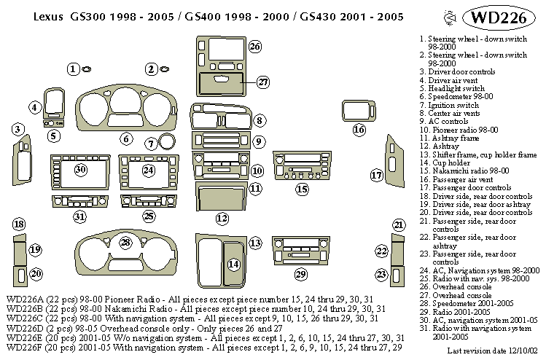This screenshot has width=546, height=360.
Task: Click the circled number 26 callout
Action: (254, 47)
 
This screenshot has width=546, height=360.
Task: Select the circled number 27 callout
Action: (262, 82)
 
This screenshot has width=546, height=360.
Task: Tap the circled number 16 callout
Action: (359, 130)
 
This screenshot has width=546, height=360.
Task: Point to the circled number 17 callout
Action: (376, 175)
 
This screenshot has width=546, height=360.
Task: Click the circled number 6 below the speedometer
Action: (126, 138)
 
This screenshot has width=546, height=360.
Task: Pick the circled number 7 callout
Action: (151, 144)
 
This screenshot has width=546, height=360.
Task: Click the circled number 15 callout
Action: (303, 189)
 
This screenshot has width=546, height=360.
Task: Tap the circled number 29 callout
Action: (300, 274)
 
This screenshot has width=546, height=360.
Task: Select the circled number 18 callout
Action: (19, 224)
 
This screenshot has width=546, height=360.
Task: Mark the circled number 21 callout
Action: (398, 224)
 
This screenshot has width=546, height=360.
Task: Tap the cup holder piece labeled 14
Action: (233, 264)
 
